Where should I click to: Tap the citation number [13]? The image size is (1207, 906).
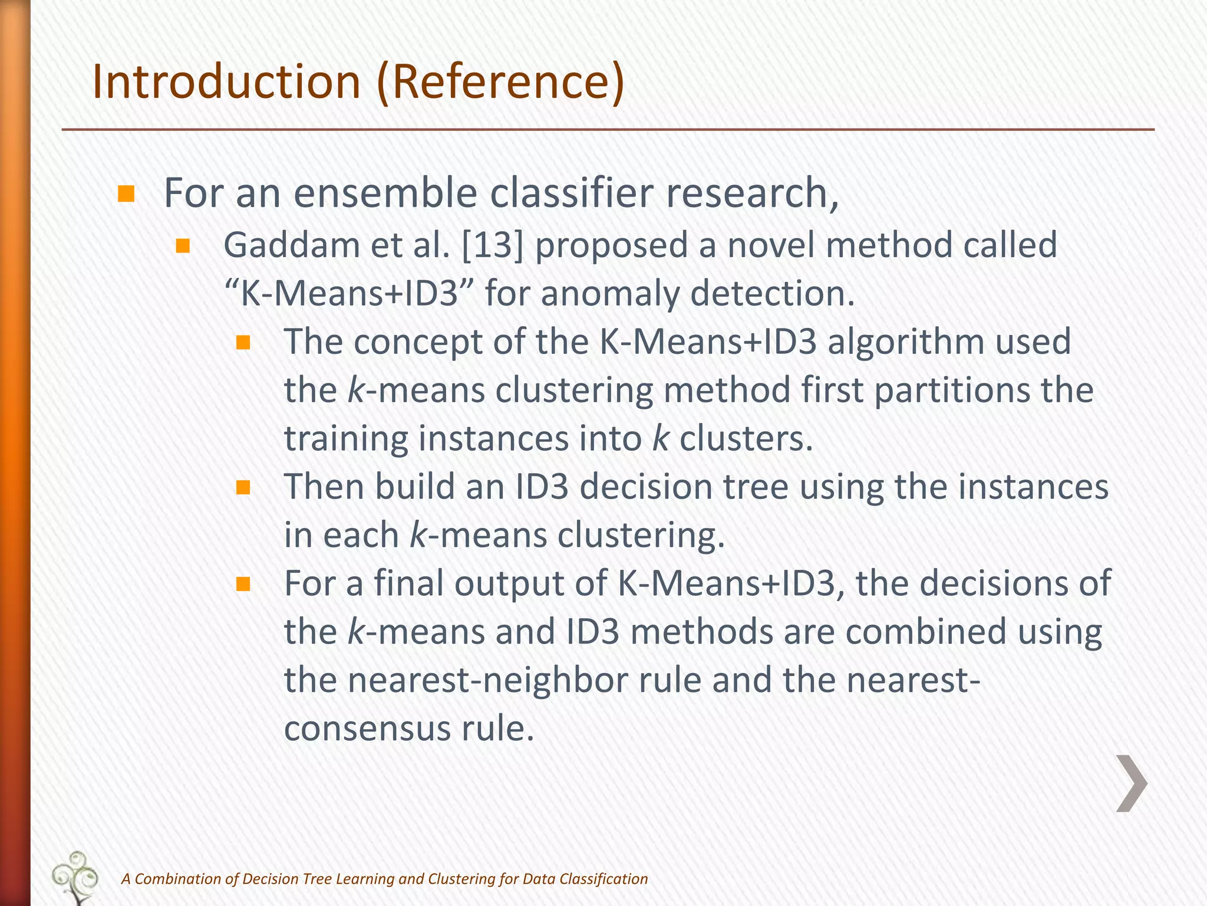(493, 245)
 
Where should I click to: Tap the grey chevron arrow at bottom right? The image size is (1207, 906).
(1131, 783)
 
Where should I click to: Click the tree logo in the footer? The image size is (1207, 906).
(75, 877)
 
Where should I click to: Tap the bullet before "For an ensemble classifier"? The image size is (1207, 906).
(126, 194)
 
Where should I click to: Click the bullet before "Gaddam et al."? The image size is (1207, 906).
(183, 246)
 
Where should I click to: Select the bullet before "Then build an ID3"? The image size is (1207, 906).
(243, 488)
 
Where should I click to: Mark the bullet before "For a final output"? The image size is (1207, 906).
(243, 585)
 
